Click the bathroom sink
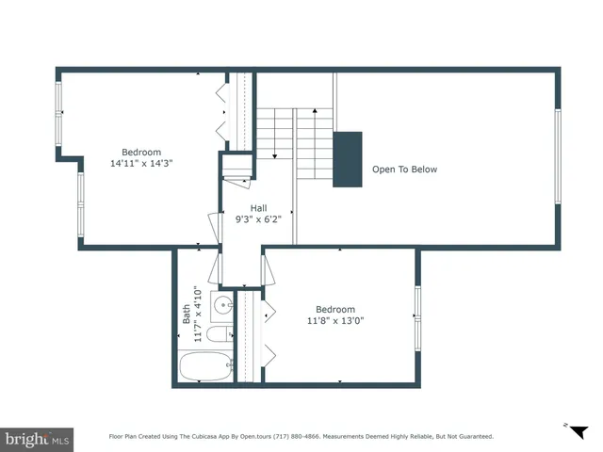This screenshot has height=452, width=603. click(x=222, y=305)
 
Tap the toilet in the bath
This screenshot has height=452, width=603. click(x=219, y=336)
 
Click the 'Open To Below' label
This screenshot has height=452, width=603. click(x=404, y=169)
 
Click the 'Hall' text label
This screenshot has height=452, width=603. click(x=258, y=208)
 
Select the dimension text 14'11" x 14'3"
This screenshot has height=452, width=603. click(x=141, y=163)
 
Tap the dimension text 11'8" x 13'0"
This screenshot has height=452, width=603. click(x=334, y=320)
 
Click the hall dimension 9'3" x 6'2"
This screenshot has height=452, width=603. click(x=258, y=219)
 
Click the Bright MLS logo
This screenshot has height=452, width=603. click(x=37, y=438)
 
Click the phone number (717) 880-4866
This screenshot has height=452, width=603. click(x=294, y=437)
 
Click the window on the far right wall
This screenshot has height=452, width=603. click(x=558, y=155)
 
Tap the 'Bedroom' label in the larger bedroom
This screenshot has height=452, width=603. click(x=141, y=152)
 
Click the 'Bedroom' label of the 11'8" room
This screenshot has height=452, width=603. click(x=334, y=309)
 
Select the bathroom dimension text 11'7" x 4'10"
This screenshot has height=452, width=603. click(x=197, y=315)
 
